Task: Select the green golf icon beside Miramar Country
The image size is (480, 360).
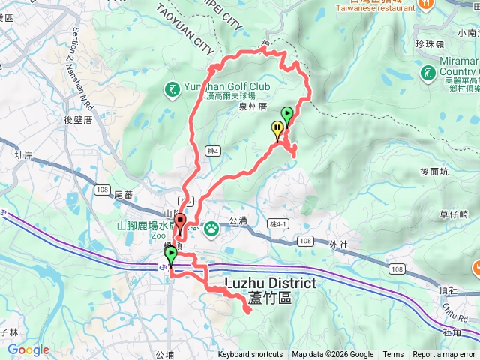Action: pyautogui.click(x=427, y=73)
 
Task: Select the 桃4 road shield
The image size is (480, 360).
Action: pyautogui.click(x=213, y=151)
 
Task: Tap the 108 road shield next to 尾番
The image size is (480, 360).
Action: pyautogui.click(x=102, y=189)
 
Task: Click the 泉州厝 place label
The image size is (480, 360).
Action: pyautogui.click(x=253, y=107)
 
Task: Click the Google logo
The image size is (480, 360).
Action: pyautogui.click(x=28, y=349)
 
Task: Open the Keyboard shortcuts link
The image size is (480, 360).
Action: pyautogui.click(x=250, y=355)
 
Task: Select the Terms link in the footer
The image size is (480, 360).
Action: pyautogui.click(x=393, y=355)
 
